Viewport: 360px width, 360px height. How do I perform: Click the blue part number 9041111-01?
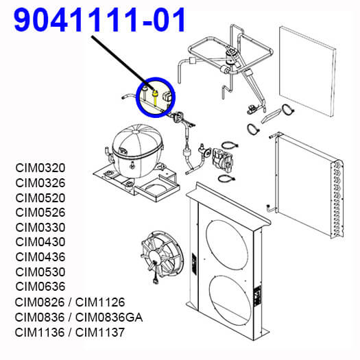[x=99, y=20]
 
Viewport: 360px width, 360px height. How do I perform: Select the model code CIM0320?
[x=40, y=168]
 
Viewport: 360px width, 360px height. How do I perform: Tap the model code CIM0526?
[x=40, y=213]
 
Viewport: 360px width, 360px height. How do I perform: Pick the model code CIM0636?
[x=40, y=287]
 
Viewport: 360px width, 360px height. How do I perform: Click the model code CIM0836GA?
[x=109, y=317]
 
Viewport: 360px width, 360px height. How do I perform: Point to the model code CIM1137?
[x=100, y=333]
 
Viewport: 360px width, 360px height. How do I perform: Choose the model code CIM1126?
[x=100, y=302]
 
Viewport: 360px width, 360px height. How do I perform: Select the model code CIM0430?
[x=40, y=242]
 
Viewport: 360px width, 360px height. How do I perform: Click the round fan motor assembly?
[x=162, y=254]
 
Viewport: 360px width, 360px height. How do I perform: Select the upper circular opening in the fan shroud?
[x=227, y=245]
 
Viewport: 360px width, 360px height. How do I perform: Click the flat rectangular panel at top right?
[x=308, y=71]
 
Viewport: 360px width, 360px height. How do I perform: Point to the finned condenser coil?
[x=309, y=186]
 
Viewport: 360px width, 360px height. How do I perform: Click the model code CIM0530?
[x=40, y=272]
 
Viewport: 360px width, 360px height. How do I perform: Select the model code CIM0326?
[x=40, y=183]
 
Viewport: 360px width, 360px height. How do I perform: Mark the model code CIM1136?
[x=40, y=333]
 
